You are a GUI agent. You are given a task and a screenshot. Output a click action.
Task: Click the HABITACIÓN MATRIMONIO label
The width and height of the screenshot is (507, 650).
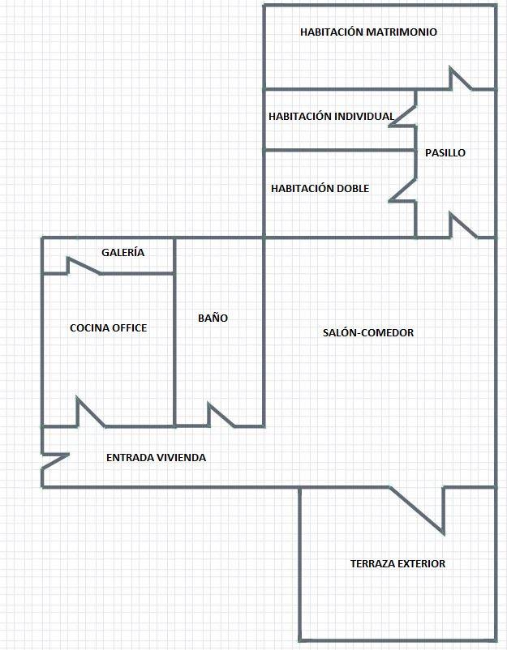pos(368,32)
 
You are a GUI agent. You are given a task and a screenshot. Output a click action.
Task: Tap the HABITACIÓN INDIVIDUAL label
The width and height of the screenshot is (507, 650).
pos(331,116)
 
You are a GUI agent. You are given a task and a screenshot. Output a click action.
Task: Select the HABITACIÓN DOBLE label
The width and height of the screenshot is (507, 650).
pos(320,188)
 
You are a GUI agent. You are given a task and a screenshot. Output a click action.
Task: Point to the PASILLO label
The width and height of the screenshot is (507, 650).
pos(445,152)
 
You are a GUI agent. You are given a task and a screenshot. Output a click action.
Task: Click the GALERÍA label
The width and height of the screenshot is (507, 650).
pos(122,252)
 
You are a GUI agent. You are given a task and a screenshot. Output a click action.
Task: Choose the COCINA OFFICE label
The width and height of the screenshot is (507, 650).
pos(108,328)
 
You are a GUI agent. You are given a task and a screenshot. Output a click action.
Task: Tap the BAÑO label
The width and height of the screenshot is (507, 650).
pos(213,318)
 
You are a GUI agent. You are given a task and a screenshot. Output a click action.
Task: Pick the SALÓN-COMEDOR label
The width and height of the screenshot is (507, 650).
pos(368,332)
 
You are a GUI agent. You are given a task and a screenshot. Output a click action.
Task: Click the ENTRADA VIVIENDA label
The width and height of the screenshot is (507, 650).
pos(156,457)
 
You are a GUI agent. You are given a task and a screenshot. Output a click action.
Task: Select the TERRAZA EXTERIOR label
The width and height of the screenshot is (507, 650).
pos(397,563)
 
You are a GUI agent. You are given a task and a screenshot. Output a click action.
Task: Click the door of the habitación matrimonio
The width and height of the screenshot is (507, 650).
pos(461,79)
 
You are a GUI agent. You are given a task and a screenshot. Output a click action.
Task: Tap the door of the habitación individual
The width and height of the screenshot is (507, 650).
pos(402,116)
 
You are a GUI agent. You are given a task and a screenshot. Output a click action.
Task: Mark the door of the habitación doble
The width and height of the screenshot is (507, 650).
pos(402,190)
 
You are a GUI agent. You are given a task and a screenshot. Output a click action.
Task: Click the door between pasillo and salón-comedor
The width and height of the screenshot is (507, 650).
pos(463,225)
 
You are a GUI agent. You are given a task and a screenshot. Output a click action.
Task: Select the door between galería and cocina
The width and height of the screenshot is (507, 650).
pos(84,266)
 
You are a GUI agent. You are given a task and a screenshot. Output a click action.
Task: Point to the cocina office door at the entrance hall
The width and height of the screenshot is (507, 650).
pos(90,412)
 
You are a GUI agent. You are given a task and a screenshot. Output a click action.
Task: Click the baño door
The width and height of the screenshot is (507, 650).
pos(221,414)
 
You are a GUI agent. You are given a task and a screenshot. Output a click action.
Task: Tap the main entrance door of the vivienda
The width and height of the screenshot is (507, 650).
pos(55,461)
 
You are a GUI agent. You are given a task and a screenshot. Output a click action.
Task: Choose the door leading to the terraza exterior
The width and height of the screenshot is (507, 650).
pos(417,511)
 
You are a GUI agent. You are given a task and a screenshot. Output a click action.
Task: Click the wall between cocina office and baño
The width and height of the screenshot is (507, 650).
pos(174,331)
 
